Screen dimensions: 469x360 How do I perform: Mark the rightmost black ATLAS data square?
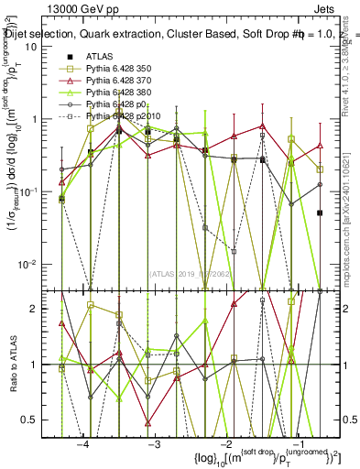point(320,213)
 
